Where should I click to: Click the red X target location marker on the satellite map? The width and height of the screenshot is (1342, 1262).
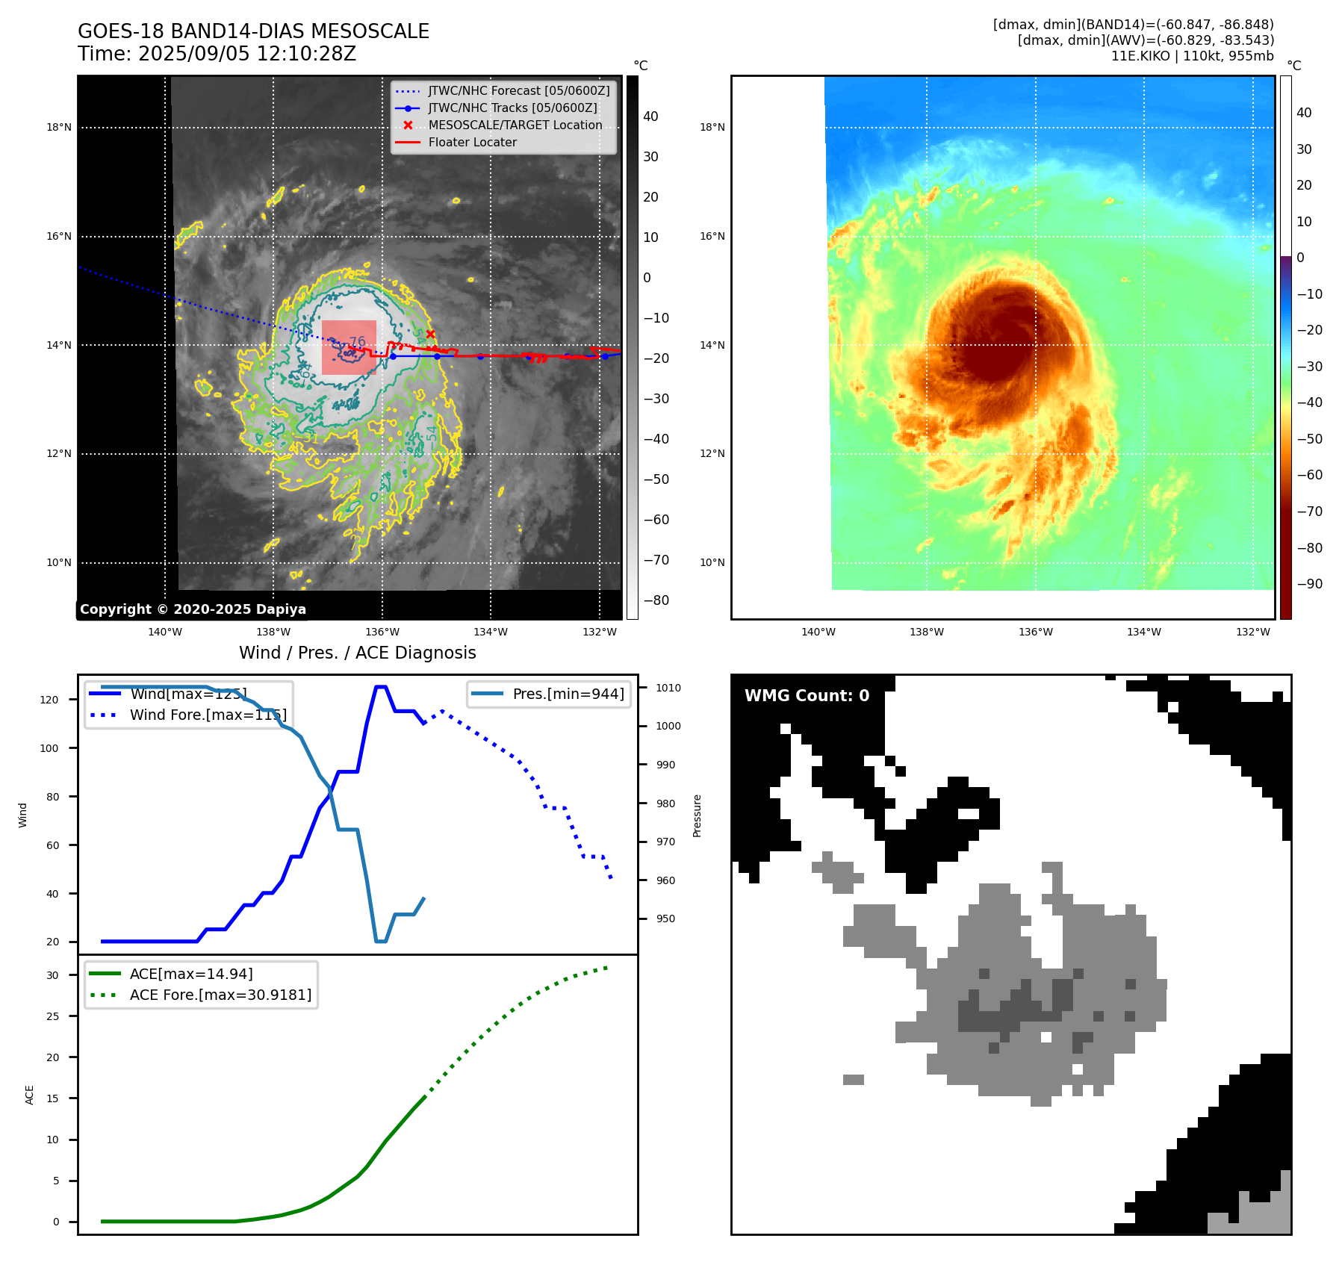[430, 334]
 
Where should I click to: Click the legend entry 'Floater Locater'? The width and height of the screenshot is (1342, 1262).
[472, 143]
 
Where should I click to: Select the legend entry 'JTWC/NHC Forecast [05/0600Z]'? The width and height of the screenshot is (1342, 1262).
[518, 91]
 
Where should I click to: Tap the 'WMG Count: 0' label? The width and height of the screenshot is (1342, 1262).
[807, 696]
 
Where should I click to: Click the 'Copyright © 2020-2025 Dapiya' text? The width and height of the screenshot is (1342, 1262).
[193, 609]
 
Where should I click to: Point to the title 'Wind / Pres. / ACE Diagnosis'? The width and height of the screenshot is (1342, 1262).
[357, 653]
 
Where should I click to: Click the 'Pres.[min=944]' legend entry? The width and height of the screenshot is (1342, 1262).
[568, 694]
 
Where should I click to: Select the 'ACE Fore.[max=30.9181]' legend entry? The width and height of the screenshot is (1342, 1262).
[220, 995]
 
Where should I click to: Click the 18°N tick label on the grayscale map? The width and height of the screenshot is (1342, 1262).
[59, 128]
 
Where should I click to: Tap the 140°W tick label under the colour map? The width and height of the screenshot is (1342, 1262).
[818, 632]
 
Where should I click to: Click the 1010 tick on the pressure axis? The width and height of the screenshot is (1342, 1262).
[668, 688]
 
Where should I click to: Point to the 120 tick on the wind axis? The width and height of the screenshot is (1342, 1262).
[49, 700]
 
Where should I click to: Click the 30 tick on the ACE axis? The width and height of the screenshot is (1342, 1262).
[52, 975]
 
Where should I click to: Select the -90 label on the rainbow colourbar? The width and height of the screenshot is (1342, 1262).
[1309, 584]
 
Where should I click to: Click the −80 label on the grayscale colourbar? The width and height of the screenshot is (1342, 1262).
[656, 600]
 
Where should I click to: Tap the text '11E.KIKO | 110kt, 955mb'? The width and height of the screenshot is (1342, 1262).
[1192, 56]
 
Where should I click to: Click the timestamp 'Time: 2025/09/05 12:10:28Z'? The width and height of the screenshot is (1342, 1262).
[217, 54]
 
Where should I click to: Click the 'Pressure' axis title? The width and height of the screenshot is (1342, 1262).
[697, 815]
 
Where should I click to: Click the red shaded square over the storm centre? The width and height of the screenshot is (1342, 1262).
[349, 347]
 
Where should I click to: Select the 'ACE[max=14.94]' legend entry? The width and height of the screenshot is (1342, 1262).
[191, 974]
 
